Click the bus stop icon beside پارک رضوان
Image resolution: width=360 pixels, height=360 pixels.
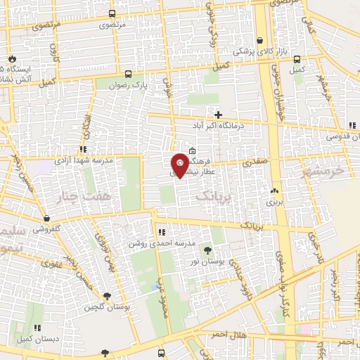click(128, 73)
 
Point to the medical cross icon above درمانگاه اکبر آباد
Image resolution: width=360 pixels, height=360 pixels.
click(219, 115)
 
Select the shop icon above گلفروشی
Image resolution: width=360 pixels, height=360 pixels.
click(46, 219)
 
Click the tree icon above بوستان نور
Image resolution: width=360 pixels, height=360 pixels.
click(207, 250)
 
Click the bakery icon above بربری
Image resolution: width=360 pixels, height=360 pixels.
click(274, 191)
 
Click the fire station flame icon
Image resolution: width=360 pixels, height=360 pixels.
click(11, 58)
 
